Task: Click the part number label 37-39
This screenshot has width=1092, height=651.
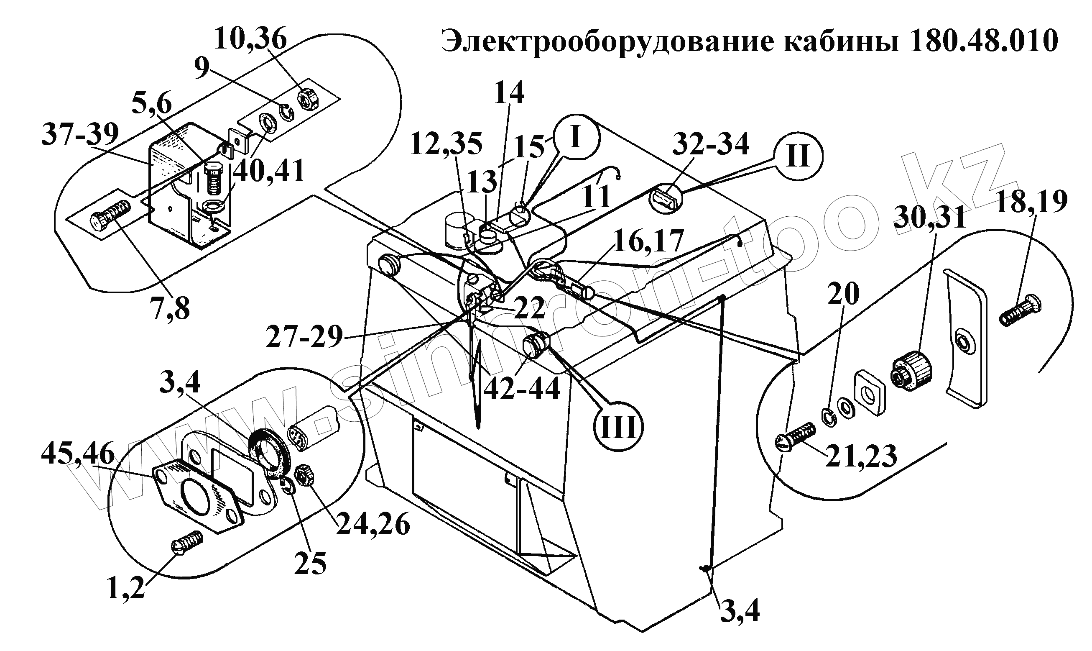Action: (80, 134)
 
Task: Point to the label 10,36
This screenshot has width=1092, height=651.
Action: (250, 39)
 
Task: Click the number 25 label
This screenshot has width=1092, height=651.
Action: (310, 563)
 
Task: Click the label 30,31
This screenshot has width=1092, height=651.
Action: (930, 218)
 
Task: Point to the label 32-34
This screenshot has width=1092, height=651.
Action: (711, 144)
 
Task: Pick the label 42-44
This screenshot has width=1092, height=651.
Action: (522, 388)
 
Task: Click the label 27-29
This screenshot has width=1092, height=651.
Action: (304, 337)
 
